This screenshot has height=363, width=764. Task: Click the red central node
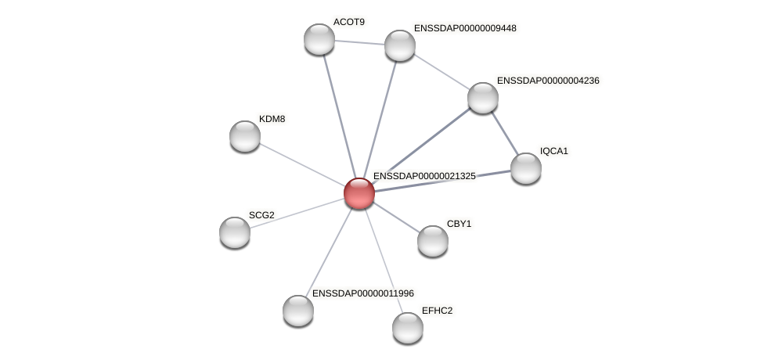pyautogui.click(x=359, y=193)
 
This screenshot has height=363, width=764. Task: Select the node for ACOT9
pyautogui.click(x=319, y=39)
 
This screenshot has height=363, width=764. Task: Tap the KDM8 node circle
pyautogui.click(x=245, y=136)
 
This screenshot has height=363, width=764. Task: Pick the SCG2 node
pyautogui.click(x=235, y=232)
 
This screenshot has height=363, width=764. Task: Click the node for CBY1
pyautogui.click(x=433, y=241)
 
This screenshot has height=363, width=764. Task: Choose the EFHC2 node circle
pyautogui.click(x=408, y=327)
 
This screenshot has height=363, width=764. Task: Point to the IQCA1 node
pyautogui.click(x=526, y=168)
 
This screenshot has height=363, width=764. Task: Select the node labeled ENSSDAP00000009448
pyautogui.click(x=400, y=45)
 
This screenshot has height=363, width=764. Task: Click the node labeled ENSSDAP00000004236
pyautogui.click(x=483, y=98)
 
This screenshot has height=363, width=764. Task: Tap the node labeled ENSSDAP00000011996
pyautogui.click(x=298, y=311)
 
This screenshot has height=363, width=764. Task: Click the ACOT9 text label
pyautogui.click(x=348, y=22)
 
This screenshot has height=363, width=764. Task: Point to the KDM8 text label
pyautogui.click(x=272, y=119)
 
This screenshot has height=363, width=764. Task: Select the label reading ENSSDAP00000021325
pyautogui.click(x=424, y=176)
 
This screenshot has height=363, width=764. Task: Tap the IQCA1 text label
pyautogui.click(x=553, y=151)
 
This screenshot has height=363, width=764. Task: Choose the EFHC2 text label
pyautogui.click(x=437, y=311)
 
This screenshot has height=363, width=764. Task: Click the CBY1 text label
pyautogui.click(x=459, y=224)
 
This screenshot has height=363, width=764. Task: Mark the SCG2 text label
pyautogui.click(x=261, y=215)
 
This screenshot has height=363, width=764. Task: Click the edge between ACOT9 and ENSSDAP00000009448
pyautogui.click(x=359, y=42)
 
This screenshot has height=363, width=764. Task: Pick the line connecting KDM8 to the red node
pyautogui.click(x=302, y=164)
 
